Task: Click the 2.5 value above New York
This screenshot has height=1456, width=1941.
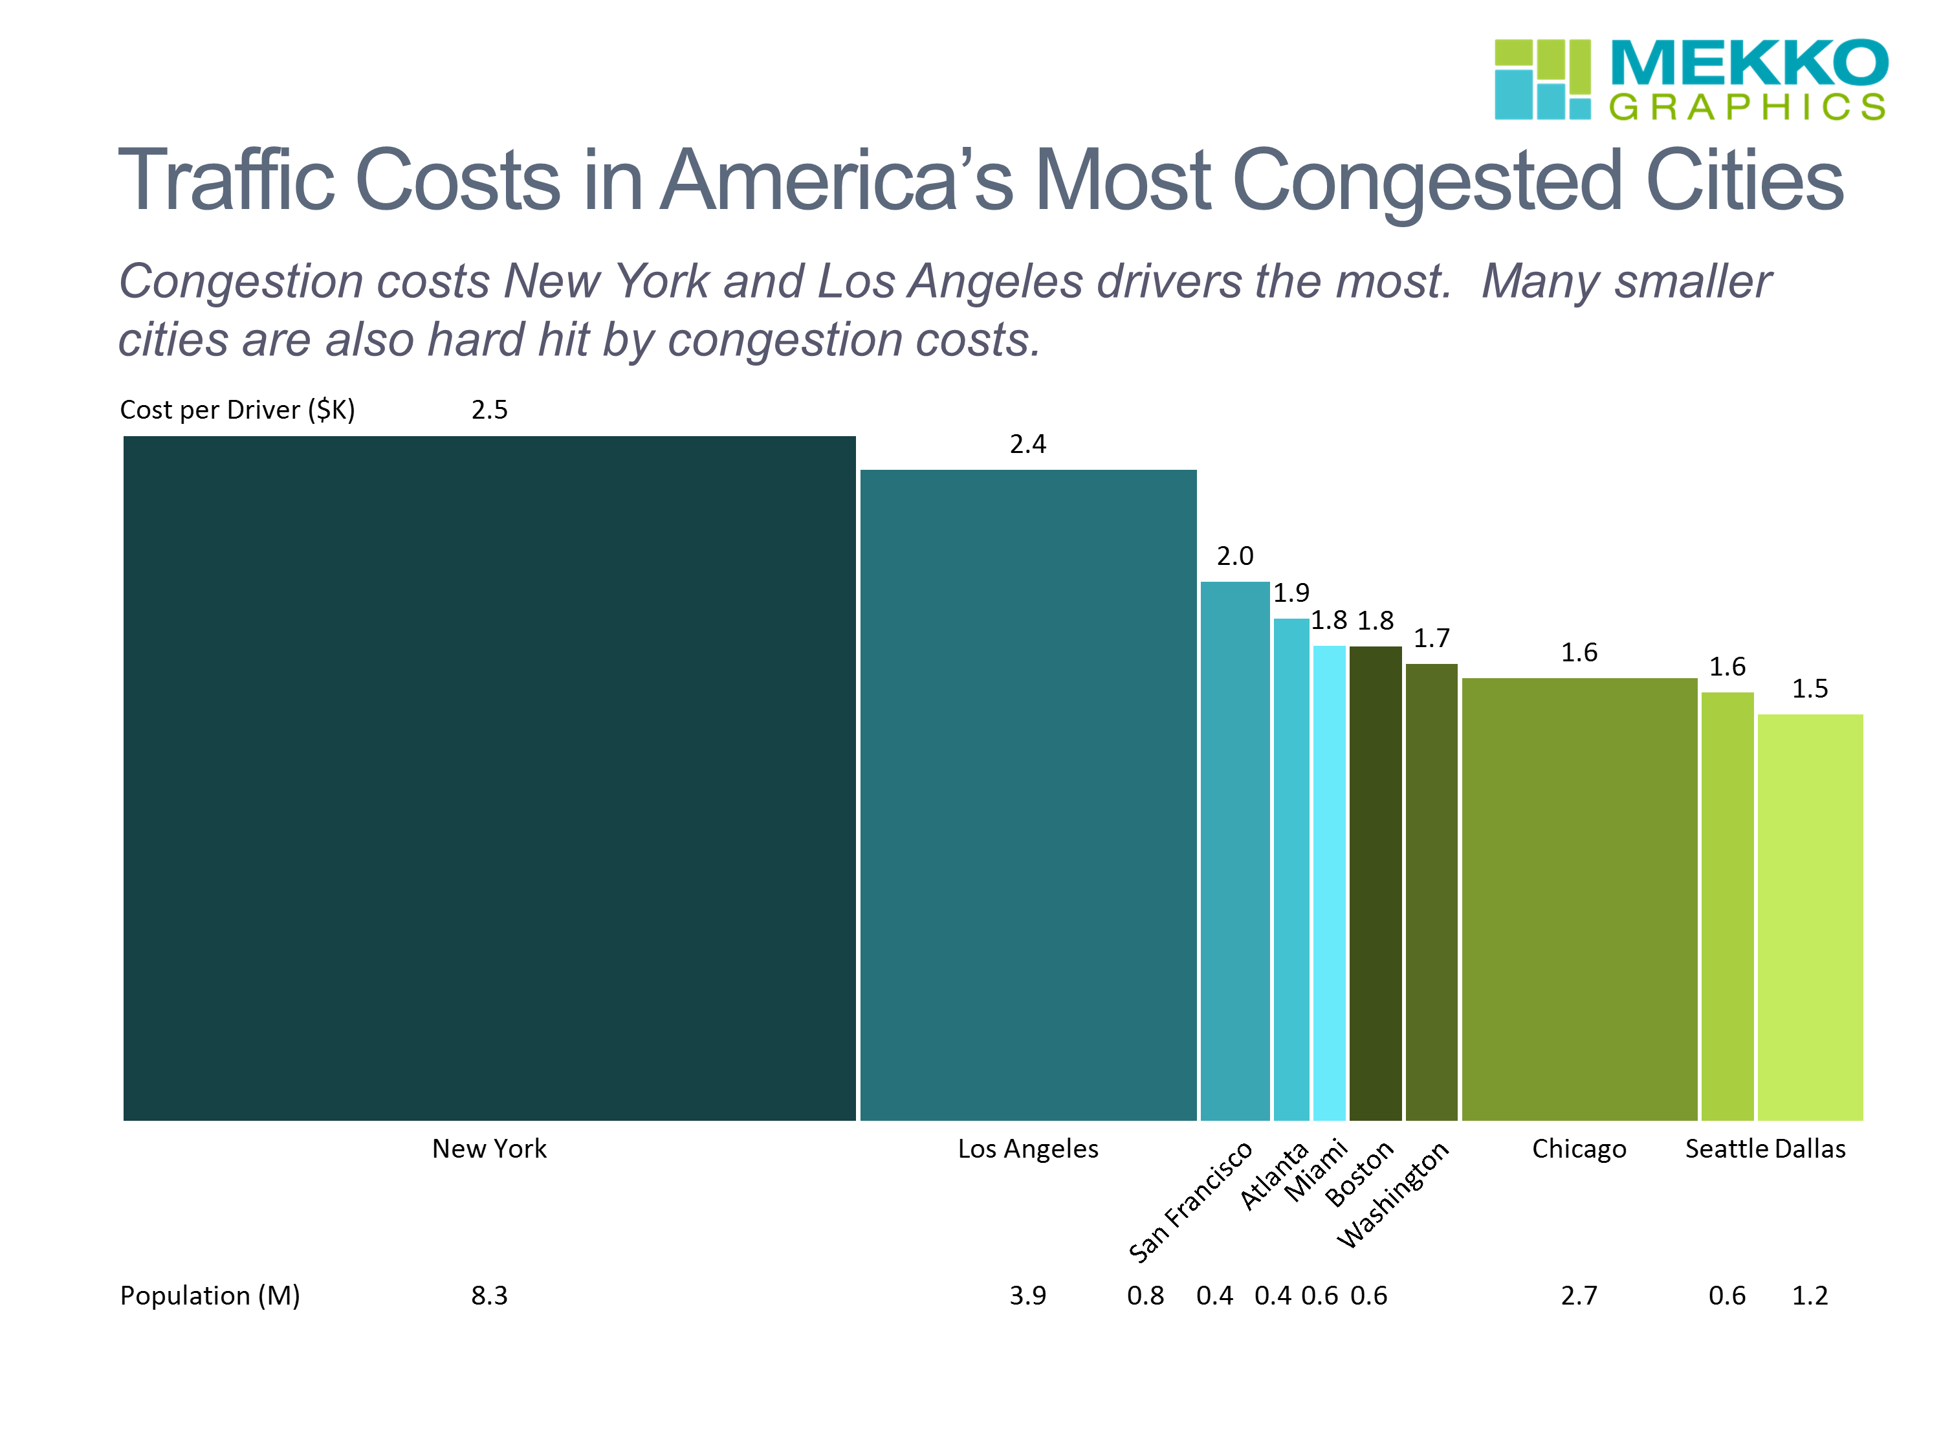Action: click(x=488, y=410)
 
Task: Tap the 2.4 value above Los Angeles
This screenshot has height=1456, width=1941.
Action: click(x=1027, y=444)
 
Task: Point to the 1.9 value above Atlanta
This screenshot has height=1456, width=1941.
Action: click(x=1291, y=593)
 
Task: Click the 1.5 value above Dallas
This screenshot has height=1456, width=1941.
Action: click(x=1810, y=689)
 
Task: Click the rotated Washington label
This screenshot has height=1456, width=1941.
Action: click(x=1394, y=1193)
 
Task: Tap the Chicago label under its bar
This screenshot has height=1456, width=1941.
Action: click(x=1579, y=1149)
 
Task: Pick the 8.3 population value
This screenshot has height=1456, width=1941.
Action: click(x=488, y=1296)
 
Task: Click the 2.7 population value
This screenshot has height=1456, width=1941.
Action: click(x=1579, y=1296)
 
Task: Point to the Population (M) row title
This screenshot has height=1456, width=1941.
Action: click(x=210, y=1296)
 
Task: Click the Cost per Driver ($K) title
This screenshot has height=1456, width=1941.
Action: click(x=237, y=410)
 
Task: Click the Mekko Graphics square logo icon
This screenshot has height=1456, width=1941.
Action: click(x=1542, y=79)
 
